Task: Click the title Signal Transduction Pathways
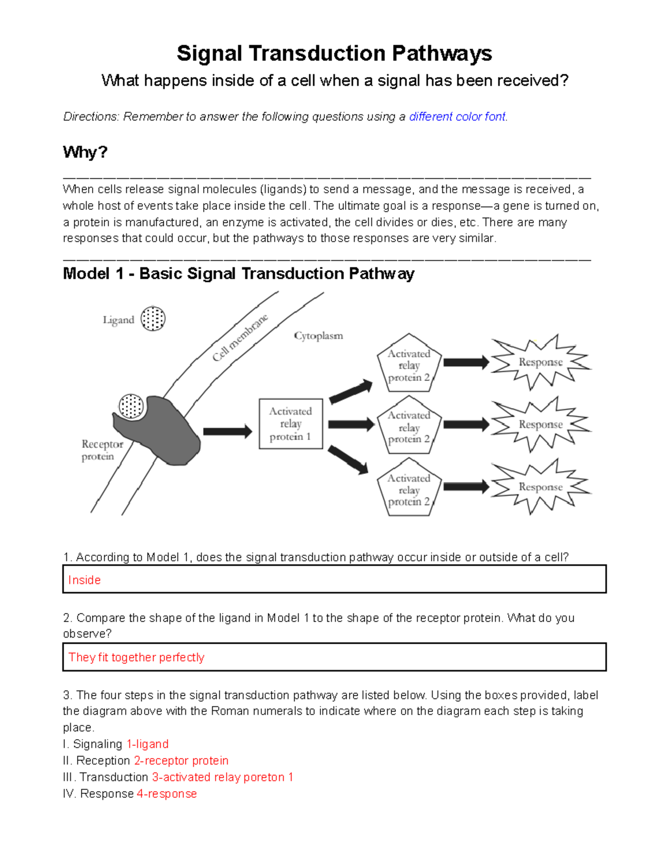point(334,54)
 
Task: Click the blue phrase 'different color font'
point(457,117)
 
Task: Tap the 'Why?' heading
point(85,152)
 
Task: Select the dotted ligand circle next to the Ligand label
point(153,319)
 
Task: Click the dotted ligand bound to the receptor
point(132,406)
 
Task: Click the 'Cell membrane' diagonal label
point(240,337)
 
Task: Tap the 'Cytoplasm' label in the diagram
point(318,336)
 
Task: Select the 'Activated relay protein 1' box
point(291,424)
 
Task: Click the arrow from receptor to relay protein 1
point(227,431)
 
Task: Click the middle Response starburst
point(540,424)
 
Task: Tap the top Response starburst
point(540,362)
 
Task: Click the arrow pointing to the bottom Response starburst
point(466,487)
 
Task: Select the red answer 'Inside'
point(84,580)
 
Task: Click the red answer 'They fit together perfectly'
point(136,657)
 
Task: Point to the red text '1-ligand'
point(147,744)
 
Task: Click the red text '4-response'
point(166,794)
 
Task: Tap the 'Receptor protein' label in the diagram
point(102,450)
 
